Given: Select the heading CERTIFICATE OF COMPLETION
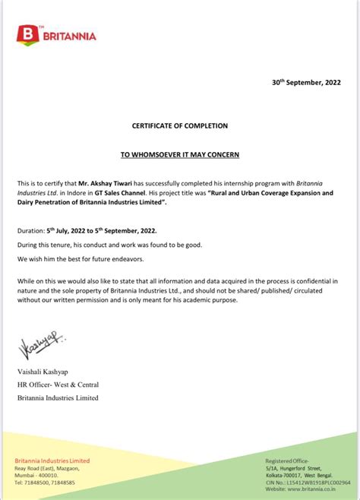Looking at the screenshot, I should click(180, 125).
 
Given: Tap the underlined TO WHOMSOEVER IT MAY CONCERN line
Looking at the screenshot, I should click(180, 154).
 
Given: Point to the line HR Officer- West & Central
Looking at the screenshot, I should click(58, 384).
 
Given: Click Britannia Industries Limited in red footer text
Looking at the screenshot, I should click(52, 460).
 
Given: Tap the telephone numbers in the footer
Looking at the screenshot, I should click(45, 483).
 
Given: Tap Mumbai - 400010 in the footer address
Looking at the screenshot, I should click(38, 476).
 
